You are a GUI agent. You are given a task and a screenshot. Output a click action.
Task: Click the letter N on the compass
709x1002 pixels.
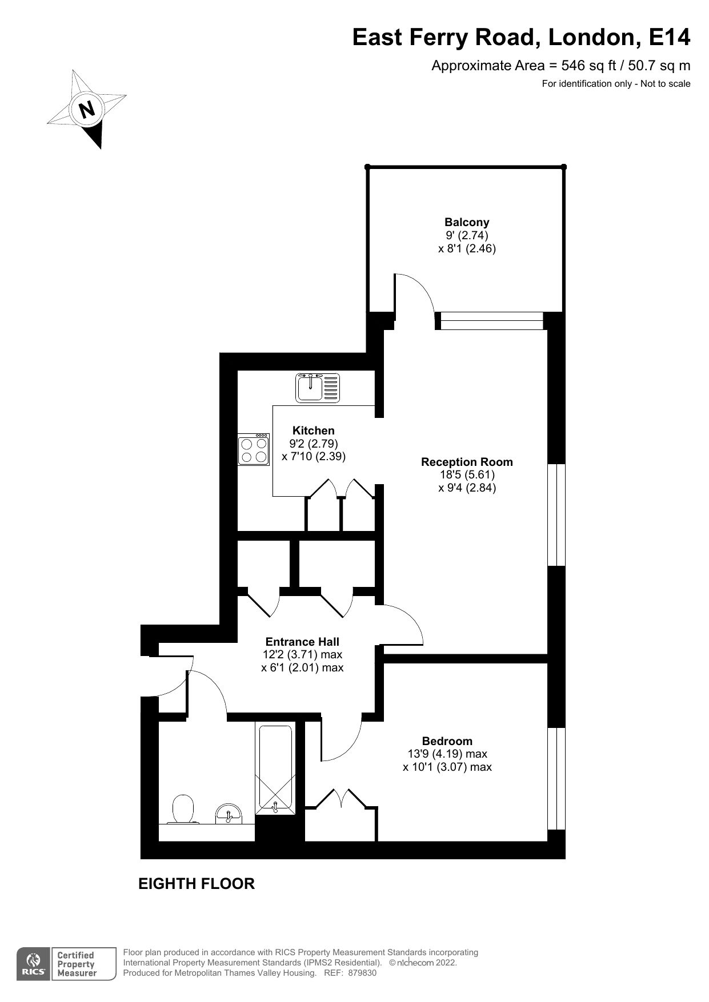[x=87, y=109]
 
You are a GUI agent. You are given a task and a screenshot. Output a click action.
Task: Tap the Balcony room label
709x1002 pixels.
[x=467, y=222]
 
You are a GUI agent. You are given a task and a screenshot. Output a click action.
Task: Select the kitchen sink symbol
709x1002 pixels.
[x=317, y=388]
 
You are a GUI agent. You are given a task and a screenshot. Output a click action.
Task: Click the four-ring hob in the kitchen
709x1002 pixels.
[x=254, y=449]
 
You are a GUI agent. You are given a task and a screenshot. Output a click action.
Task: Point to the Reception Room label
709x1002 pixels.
[x=467, y=462]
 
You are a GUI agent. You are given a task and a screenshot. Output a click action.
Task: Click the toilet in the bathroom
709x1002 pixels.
[x=183, y=810]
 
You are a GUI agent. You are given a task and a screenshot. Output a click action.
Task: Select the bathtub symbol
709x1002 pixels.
[x=277, y=768]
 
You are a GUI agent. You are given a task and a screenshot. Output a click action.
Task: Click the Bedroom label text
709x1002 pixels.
[x=447, y=741]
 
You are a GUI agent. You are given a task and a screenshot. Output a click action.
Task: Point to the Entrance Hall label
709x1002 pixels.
[x=302, y=642]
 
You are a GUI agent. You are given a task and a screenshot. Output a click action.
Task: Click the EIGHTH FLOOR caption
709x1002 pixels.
[x=197, y=884]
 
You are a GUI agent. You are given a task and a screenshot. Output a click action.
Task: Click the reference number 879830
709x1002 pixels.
[x=362, y=973]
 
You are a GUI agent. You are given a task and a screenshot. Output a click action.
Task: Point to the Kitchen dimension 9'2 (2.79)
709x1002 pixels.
[x=314, y=444]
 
